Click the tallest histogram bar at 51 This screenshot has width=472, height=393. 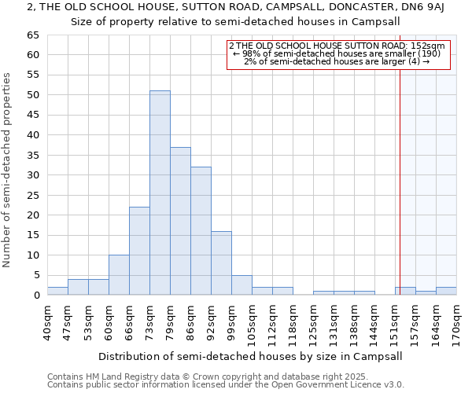click(160, 193)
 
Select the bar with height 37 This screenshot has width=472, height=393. click(180, 221)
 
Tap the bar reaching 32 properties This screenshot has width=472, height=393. click(201, 231)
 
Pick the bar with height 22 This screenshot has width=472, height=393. click(139, 251)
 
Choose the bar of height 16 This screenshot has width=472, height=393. click(221, 263)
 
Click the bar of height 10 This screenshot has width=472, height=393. click(119, 275)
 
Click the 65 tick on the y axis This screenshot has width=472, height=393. click(32, 35)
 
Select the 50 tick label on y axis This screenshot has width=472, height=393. click(32, 95)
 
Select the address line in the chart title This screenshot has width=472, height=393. click(236, 7)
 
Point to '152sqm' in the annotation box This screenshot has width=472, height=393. click(430, 46)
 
